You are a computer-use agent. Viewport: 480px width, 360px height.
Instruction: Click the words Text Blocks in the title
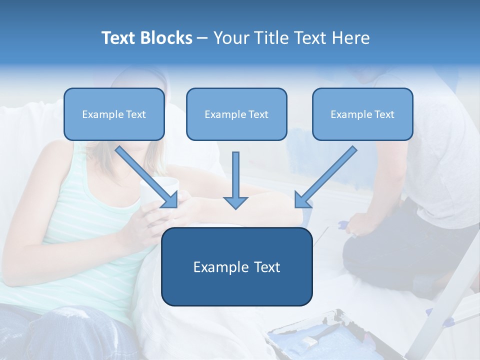146,38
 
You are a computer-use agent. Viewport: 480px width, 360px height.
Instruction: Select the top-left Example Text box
114,114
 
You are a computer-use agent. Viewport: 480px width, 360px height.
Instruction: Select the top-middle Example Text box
236,114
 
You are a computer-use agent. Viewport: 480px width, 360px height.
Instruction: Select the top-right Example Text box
362,114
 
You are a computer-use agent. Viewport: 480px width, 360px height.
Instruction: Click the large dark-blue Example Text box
236,266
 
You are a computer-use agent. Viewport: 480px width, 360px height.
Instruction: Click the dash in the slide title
202,38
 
